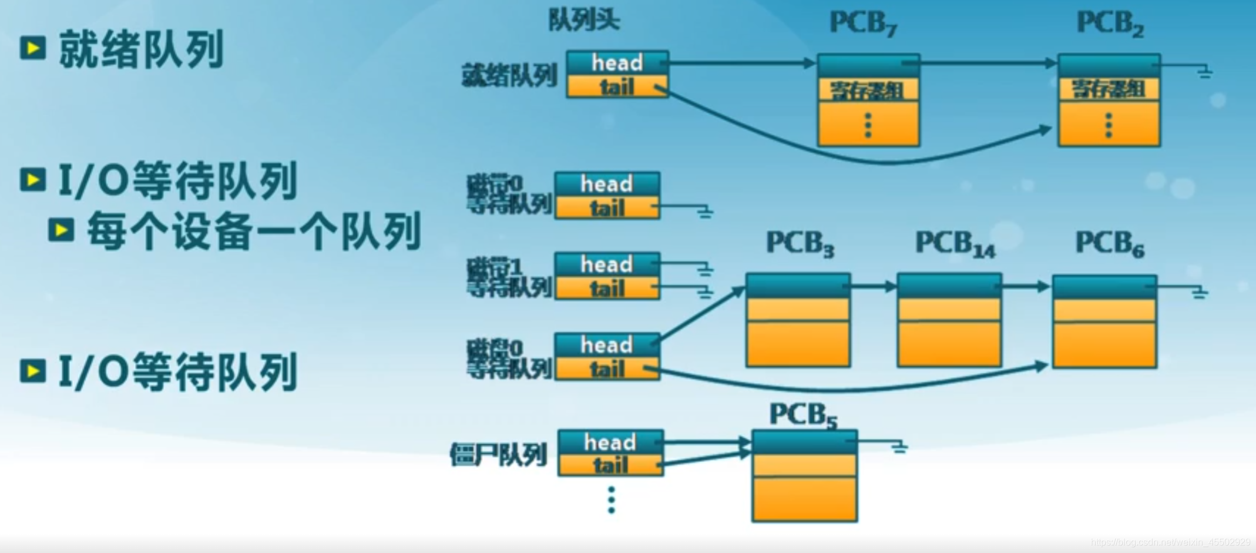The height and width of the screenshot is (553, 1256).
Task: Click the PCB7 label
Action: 863,24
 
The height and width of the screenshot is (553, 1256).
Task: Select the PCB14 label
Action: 955,244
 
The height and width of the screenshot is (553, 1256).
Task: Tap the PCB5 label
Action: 802,415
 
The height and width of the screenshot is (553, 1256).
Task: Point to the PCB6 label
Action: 1109,243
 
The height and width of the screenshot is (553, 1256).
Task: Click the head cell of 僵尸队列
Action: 610,442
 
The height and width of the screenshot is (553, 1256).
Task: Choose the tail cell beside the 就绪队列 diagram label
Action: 617,87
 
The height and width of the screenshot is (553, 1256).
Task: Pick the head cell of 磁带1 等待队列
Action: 607,264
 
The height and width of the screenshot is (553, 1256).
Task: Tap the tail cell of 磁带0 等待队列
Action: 607,208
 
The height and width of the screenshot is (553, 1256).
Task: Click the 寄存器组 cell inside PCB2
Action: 1109,89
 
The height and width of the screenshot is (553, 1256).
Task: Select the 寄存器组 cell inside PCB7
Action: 868,90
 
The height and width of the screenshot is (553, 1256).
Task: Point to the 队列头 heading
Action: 583,20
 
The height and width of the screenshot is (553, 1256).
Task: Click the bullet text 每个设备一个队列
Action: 254,231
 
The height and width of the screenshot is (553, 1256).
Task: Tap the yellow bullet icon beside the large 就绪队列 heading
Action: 33,48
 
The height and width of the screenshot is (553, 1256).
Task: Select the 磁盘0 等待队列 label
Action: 509,358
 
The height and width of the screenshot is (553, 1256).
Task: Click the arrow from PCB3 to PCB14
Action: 873,286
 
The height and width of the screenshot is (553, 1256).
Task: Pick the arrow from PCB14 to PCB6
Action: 1026,286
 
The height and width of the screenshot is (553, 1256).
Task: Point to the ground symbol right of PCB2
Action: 1204,73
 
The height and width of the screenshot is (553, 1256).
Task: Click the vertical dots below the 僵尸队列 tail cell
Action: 611,500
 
